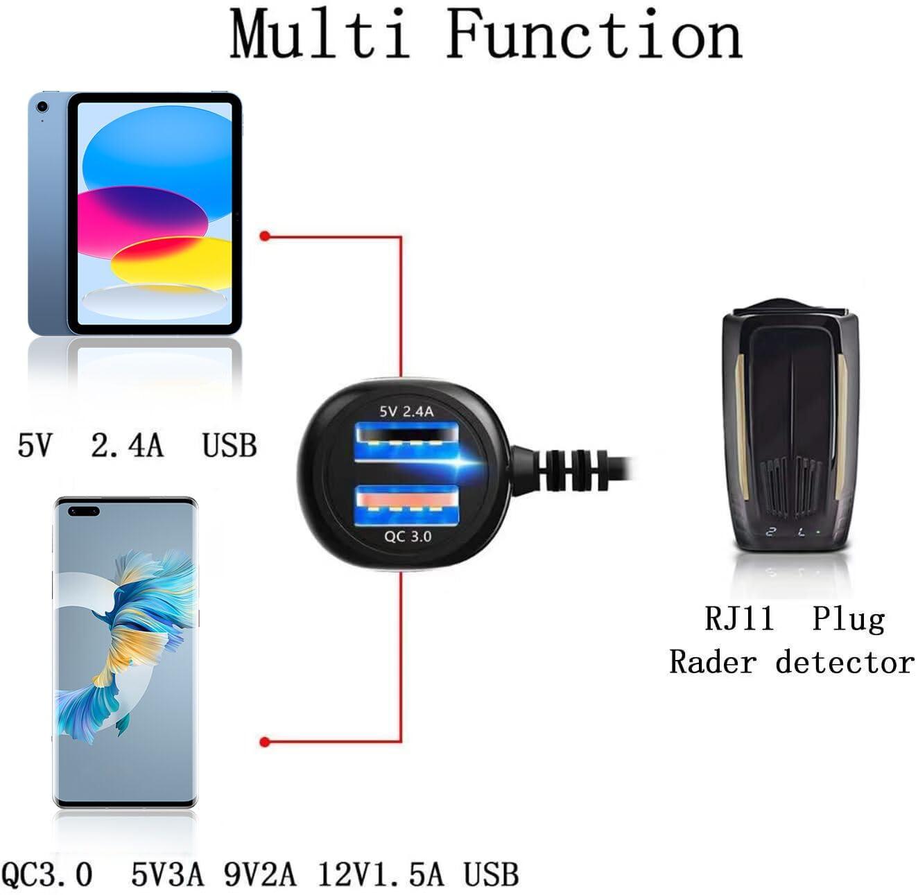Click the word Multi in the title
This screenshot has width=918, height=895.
point(320,33)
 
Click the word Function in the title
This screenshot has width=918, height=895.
point(594,33)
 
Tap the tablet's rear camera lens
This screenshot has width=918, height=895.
point(42,107)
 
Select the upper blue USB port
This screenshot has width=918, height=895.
point(406,442)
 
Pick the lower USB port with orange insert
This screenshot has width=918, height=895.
point(406,505)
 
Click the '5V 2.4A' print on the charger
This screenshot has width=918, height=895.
point(406,412)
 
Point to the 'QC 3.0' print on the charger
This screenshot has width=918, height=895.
point(408,537)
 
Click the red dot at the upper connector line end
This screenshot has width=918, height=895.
point(265,236)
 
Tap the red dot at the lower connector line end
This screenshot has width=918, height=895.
point(265,742)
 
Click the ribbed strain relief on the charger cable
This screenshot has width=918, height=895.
point(573,471)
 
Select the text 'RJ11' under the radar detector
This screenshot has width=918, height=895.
point(739,618)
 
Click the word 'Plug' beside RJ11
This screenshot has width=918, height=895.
point(848,620)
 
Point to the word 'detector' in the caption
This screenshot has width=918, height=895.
point(845,661)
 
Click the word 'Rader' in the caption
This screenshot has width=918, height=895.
point(712,661)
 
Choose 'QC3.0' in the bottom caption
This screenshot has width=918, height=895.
point(46,874)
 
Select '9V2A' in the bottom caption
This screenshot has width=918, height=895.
point(260,874)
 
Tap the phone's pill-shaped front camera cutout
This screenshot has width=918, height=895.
point(83,512)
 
